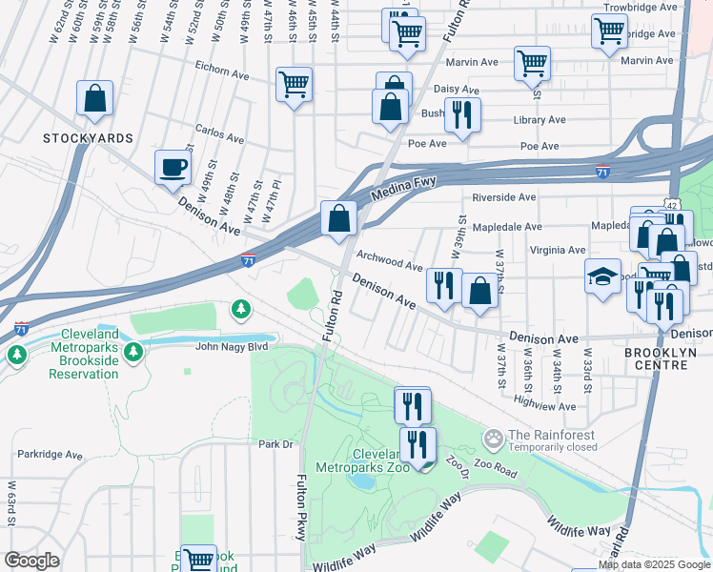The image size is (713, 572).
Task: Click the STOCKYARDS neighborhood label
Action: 88,138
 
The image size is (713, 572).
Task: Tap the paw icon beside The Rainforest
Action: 493,439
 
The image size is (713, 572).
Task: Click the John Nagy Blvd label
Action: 232,346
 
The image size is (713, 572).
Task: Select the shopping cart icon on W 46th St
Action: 294,85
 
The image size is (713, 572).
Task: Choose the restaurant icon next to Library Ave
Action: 461,115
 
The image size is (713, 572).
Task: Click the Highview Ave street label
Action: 544,406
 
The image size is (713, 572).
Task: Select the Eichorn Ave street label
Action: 221,69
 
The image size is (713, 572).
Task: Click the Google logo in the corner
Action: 31,561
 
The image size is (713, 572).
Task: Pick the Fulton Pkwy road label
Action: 302,507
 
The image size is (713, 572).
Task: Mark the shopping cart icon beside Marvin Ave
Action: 531,63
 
